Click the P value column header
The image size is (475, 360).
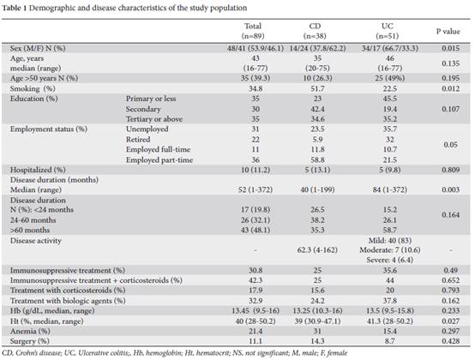[448, 31]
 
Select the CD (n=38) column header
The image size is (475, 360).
[315, 31]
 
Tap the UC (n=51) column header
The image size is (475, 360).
[388, 31]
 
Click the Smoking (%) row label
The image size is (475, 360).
[33, 88]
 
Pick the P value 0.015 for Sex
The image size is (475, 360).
[450, 48]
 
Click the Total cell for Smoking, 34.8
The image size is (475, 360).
[255, 88]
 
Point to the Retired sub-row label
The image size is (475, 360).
[138, 139]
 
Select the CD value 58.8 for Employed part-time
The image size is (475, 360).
[317, 160]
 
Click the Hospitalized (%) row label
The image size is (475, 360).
[38, 170]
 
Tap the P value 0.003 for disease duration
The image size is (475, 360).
[450, 189]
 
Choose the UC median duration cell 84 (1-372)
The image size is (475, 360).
[389, 189]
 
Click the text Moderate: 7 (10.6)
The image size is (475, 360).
[389, 250]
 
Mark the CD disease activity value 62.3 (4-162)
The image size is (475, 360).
[317, 250]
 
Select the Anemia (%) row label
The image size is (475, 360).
[30, 331]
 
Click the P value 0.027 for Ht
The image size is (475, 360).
[450, 321]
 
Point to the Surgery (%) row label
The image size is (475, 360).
[29, 341]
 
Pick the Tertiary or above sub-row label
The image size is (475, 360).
[154, 119]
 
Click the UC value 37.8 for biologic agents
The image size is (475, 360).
[389, 301]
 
